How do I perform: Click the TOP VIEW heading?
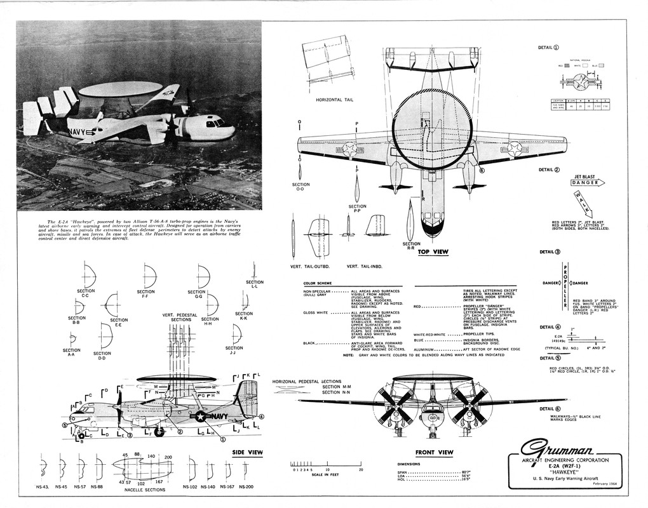point(433,252)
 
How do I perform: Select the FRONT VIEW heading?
point(434,453)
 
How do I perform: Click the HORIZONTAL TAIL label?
point(335,100)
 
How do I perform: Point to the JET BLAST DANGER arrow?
point(587,182)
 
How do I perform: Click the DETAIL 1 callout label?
point(548,47)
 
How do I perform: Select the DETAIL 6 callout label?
point(549,409)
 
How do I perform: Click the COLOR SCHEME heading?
point(318,283)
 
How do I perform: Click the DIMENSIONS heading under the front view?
point(410,464)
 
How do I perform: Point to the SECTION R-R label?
point(411,245)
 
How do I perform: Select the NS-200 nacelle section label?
point(245,486)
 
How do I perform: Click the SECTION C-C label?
point(86,293)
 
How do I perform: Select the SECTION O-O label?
point(300,187)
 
